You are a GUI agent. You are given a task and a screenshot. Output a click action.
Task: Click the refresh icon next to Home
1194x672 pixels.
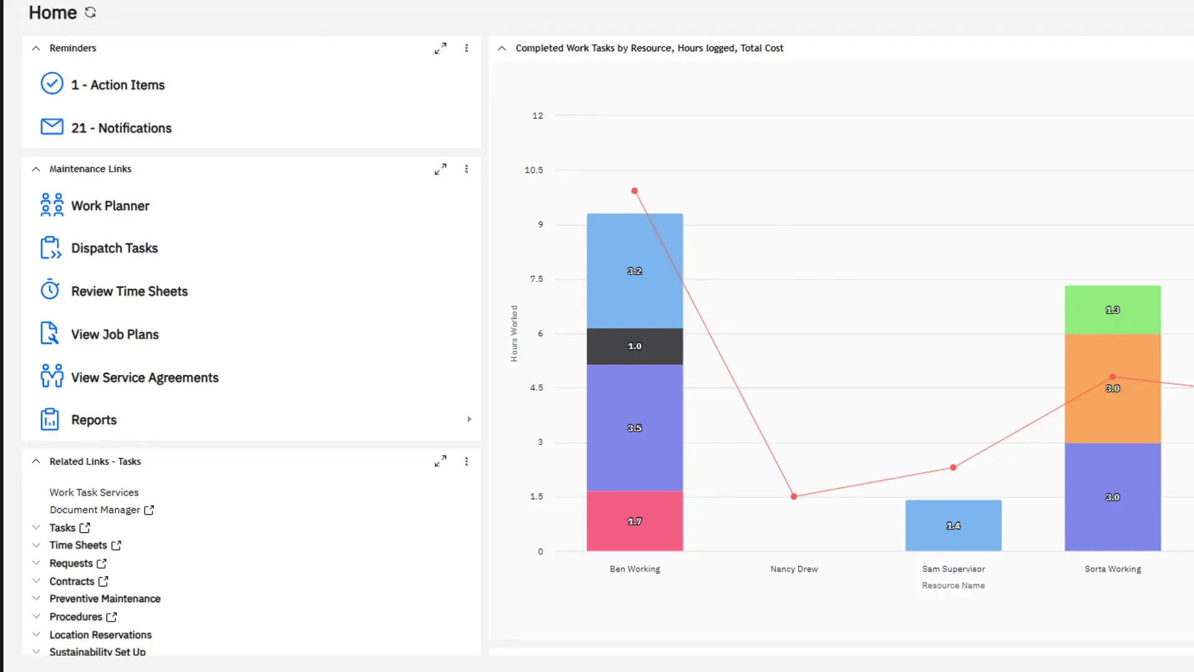(91, 12)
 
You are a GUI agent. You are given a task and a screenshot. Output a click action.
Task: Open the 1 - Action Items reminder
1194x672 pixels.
(118, 85)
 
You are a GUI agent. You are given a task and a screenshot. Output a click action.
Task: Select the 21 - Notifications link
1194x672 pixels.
(121, 128)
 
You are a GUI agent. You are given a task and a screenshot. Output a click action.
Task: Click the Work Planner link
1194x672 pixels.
(110, 205)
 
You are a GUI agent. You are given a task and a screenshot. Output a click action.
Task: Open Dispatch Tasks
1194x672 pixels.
(114, 248)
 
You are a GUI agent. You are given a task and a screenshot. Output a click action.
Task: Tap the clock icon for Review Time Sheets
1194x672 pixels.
(50, 291)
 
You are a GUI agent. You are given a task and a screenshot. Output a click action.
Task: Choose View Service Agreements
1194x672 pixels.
(145, 378)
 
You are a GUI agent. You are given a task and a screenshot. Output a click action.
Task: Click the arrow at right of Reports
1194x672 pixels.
(469, 419)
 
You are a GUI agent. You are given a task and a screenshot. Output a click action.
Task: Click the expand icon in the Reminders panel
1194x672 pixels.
(440, 49)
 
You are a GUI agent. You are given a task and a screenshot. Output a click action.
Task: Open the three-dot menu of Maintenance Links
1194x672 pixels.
(466, 169)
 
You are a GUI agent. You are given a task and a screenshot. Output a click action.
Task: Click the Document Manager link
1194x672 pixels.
(95, 510)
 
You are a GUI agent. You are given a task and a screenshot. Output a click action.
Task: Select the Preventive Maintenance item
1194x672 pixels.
(105, 599)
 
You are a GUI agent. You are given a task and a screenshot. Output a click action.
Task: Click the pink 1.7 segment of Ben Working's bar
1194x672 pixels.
(634, 521)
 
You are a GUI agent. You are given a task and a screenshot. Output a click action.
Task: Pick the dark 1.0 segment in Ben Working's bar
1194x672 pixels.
(634, 346)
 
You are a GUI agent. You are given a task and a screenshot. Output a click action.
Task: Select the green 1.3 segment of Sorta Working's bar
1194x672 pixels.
(1112, 310)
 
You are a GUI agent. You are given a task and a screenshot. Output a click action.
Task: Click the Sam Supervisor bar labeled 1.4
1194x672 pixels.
(953, 526)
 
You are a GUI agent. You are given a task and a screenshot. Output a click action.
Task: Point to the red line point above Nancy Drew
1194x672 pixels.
(794, 497)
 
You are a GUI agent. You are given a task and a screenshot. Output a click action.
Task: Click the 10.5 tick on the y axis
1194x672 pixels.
(534, 170)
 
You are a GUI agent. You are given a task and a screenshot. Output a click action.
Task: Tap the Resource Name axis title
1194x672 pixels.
(953, 586)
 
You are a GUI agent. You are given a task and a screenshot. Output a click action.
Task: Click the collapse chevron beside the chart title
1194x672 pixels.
(502, 49)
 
